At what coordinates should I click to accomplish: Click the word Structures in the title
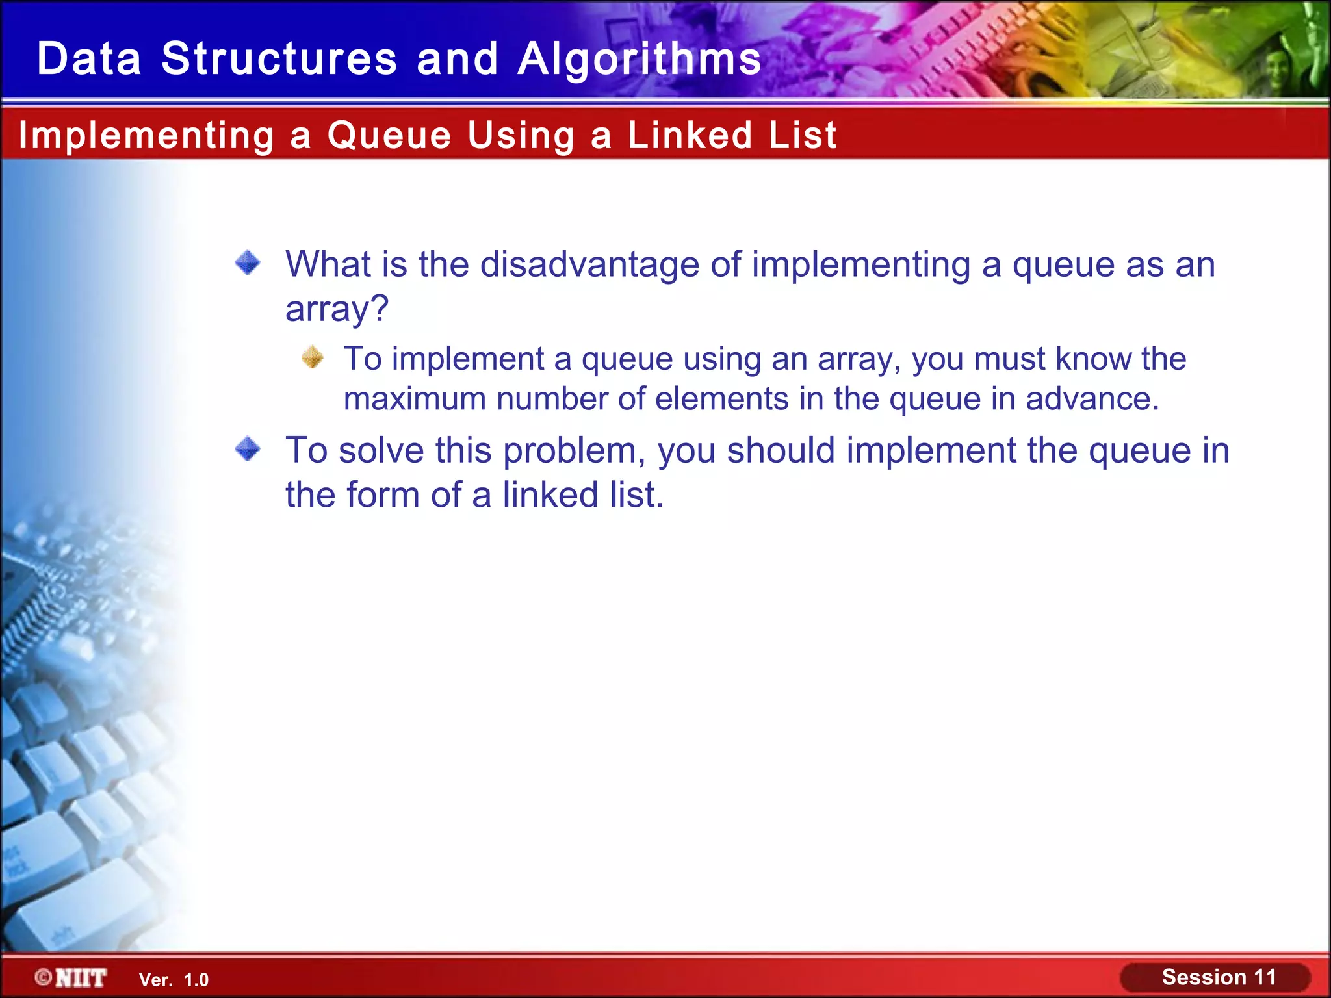(279, 58)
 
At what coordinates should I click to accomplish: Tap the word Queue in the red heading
(389, 136)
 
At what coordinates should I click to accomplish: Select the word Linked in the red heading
(690, 135)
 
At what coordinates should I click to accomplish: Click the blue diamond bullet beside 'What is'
(248, 263)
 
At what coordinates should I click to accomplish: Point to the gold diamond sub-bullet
(313, 357)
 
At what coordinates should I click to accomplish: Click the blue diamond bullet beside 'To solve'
(248, 449)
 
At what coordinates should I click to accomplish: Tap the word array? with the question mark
(337, 309)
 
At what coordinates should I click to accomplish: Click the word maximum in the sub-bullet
(415, 399)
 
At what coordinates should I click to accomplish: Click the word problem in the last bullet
(575, 451)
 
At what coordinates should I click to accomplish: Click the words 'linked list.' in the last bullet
(583, 495)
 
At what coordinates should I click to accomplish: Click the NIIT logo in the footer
(71, 978)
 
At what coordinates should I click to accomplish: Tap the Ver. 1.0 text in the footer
(174, 980)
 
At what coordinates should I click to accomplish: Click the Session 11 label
(1219, 977)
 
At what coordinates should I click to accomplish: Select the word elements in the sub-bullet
(721, 399)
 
